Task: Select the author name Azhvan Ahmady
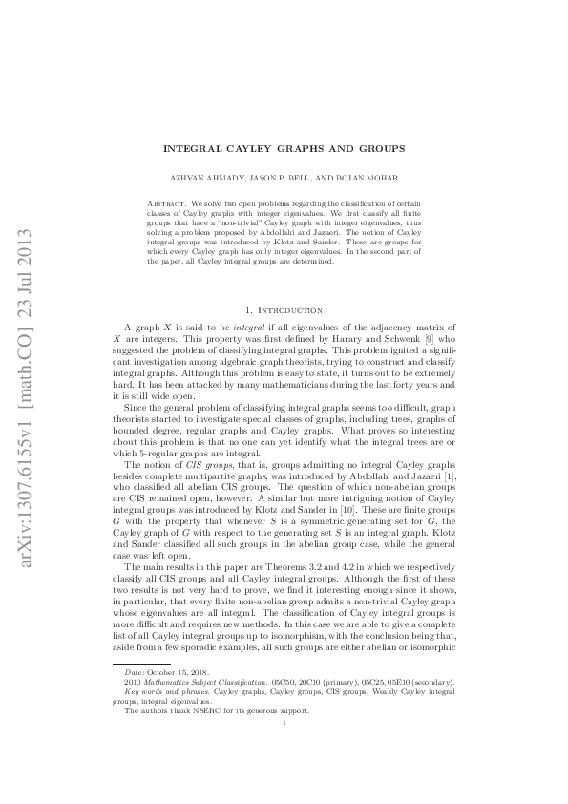[x=218, y=179]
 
